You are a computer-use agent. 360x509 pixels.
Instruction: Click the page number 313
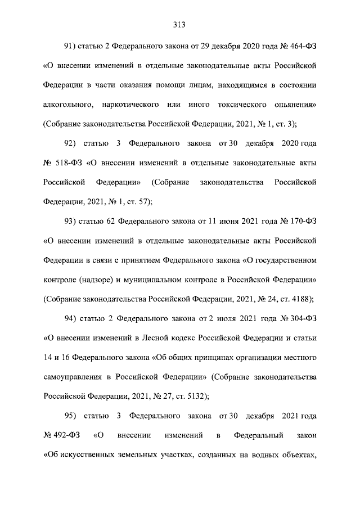point(180,24)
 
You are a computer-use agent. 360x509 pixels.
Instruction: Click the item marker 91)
point(70,46)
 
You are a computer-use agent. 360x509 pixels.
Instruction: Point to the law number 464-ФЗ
point(301,46)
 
